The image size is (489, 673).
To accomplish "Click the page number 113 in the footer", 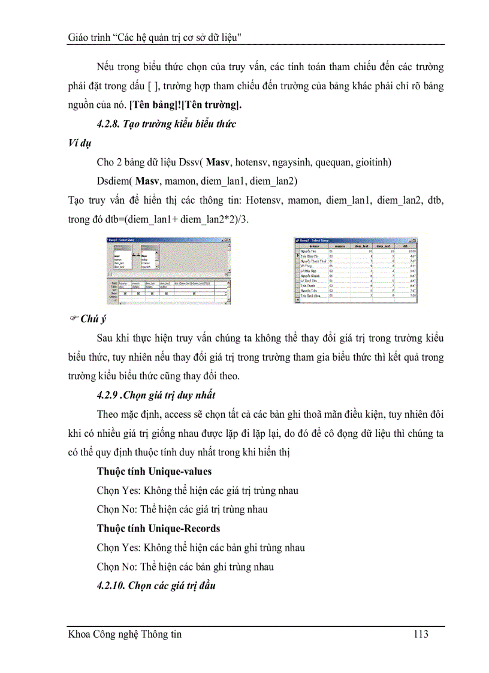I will (x=421, y=634).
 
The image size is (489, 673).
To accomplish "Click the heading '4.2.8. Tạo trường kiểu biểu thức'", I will (x=167, y=124).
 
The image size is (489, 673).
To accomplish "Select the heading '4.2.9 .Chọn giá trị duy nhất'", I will (x=156, y=395).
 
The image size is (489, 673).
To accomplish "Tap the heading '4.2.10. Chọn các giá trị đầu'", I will (x=156, y=586).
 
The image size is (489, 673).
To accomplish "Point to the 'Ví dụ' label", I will (x=80, y=143).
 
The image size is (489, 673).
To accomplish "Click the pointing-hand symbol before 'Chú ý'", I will (x=73, y=319).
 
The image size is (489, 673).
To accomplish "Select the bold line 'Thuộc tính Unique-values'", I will (x=154, y=472).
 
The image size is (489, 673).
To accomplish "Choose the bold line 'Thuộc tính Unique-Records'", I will (x=158, y=529).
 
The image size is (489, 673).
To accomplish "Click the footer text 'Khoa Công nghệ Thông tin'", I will (x=125, y=634).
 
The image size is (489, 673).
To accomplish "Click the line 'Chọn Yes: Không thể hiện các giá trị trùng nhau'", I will (x=197, y=491).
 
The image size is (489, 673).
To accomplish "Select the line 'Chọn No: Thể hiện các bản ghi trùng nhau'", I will (x=185, y=567).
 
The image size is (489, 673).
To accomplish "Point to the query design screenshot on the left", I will (x=166, y=270).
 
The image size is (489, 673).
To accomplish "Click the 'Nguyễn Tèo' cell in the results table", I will (x=310, y=251).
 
